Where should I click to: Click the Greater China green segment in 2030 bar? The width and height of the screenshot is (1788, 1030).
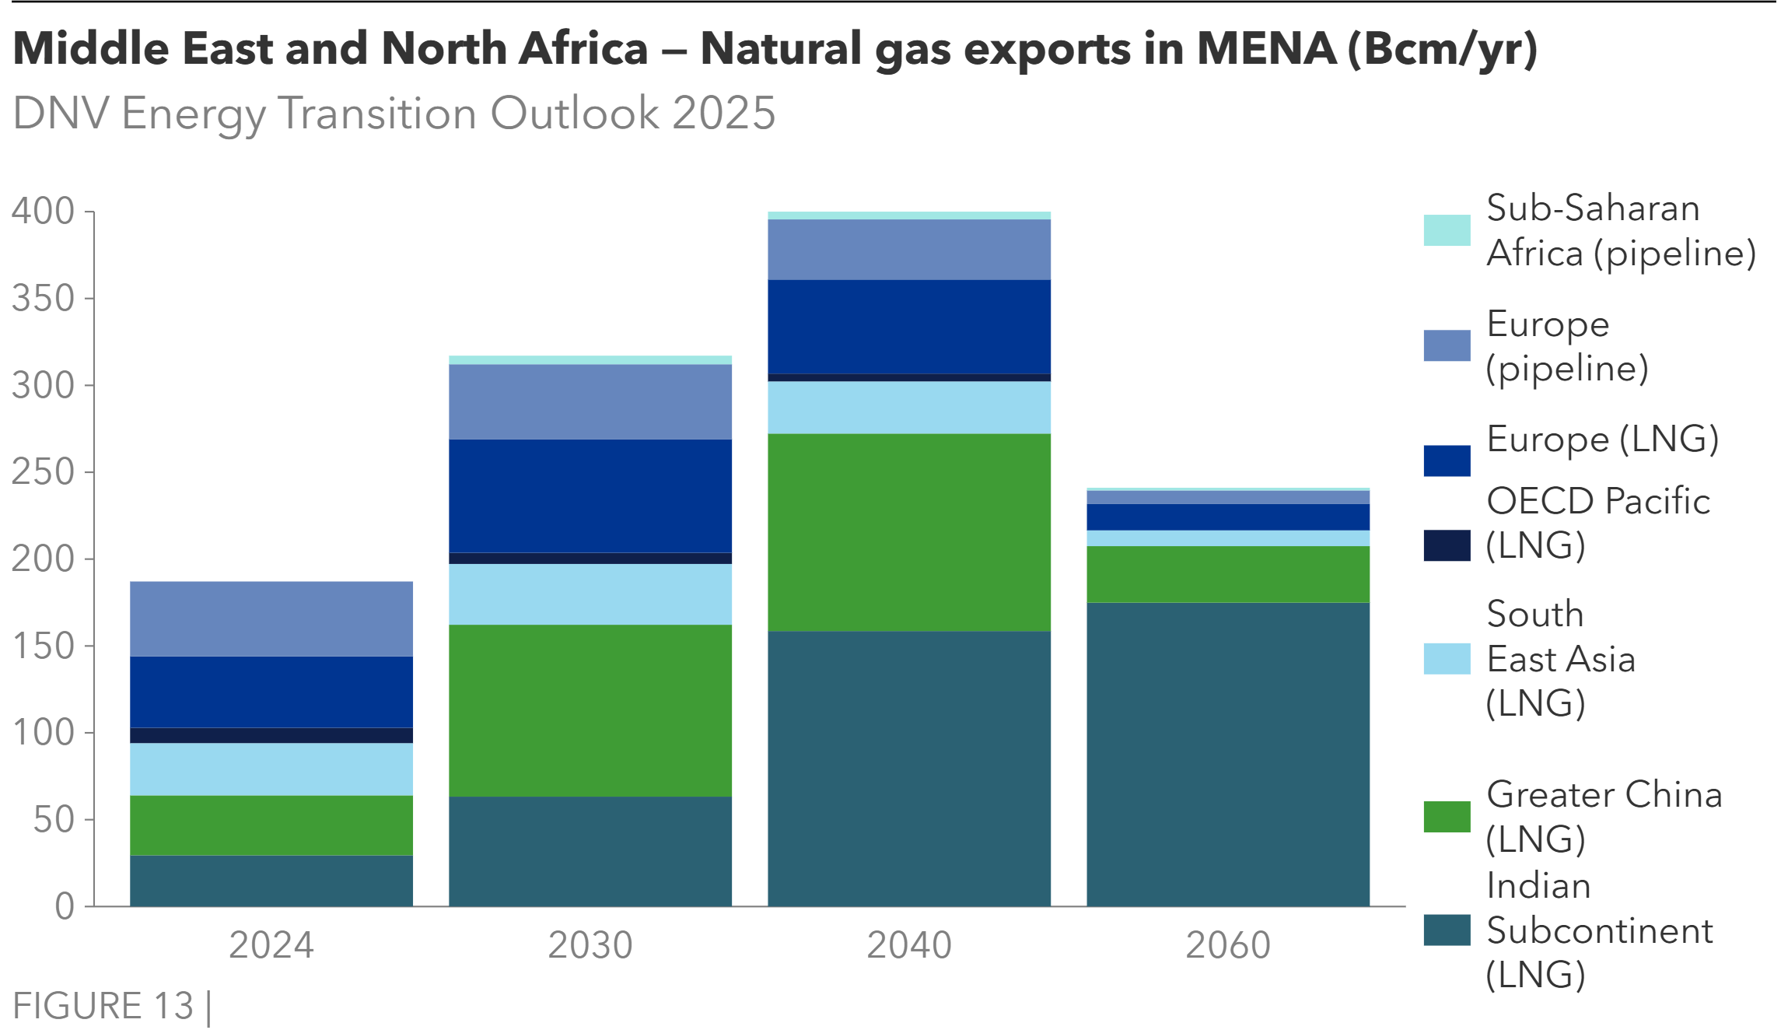pyautogui.click(x=590, y=709)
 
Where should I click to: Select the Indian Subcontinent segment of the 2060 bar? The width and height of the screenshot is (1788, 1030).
pyautogui.click(x=1228, y=754)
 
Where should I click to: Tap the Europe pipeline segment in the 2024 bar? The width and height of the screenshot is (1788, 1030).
pyautogui.click(x=271, y=618)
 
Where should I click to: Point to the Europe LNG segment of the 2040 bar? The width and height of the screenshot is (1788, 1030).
pyautogui.click(x=909, y=326)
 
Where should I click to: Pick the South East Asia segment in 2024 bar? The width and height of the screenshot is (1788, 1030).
pyautogui.click(x=271, y=769)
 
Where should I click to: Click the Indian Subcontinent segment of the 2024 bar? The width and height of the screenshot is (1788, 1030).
pyautogui.click(x=271, y=881)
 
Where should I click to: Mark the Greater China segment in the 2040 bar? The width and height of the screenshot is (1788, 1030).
pyautogui.click(x=909, y=531)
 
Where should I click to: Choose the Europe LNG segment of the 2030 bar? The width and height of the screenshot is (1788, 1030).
pyautogui.click(x=590, y=496)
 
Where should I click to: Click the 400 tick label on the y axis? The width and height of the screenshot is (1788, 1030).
pyautogui.click(x=43, y=211)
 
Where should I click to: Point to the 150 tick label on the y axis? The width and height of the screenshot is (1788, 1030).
pyautogui.click(x=43, y=646)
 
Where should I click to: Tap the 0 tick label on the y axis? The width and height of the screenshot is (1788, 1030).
pyautogui.click(x=65, y=906)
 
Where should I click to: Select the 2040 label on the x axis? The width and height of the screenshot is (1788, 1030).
pyautogui.click(x=909, y=945)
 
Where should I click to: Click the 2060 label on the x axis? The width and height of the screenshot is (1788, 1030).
pyautogui.click(x=1228, y=945)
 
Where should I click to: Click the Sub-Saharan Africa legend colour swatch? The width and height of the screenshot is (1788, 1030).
pyautogui.click(x=1447, y=230)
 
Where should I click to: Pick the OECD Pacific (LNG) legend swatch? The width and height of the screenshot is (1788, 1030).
pyautogui.click(x=1447, y=545)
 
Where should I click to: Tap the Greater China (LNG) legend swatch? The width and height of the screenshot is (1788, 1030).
pyautogui.click(x=1447, y=817)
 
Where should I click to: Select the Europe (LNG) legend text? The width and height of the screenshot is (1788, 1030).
pyautogui.click(x=1602, y=440)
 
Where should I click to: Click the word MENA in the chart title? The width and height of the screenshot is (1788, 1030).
pyautogui.click(x=1266, y=48)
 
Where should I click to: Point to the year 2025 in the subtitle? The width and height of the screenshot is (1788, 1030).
pyautogui.click(x=723, y=114)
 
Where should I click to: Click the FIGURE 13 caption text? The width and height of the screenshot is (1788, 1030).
pyautogui.click(x=103, y=1006)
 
